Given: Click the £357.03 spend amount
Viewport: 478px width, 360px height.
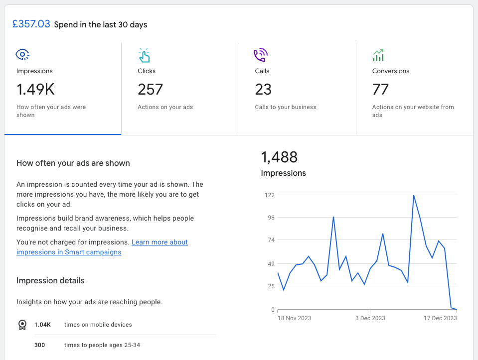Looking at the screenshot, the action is [x=31, y=24].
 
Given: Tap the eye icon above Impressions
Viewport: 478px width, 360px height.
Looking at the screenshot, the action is [x=22, y=54].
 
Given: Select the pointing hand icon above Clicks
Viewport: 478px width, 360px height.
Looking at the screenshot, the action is [x=144, y=55].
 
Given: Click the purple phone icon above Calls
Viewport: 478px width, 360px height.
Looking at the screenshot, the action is [x=261, y=55].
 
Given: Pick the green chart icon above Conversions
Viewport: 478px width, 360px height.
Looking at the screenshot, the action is [x=378, y=55].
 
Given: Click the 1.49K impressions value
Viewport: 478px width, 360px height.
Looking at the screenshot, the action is [x=35, y=90].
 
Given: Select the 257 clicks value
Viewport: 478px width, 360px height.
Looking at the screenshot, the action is [x=151, y=90].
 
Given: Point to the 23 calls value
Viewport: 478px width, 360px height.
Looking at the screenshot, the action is [x=263, y=90].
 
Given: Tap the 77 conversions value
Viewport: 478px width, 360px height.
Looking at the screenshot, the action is [x=380, y=90].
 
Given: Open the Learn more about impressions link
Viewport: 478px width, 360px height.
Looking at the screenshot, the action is [x=102, y=247].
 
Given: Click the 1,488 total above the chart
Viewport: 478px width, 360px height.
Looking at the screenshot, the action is [x=279, y=157].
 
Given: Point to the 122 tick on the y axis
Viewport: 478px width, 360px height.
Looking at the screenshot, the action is [x=270, y=195].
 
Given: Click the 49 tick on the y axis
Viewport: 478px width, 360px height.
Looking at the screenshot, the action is [x=271, y=264].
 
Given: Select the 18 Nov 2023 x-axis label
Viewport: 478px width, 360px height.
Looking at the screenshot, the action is [x=294, y=318].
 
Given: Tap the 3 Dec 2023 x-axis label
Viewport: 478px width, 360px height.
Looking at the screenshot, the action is [x=370, y=318].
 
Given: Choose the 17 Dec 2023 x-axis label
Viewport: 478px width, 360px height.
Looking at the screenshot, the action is [x=440, y=318].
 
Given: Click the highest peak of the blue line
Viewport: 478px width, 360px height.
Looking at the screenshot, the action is [x=414, y=196].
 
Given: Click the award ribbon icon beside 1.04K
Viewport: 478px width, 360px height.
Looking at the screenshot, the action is [x=22, y=325].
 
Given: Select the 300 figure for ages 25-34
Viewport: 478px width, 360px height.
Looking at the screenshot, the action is [x=40, y=345].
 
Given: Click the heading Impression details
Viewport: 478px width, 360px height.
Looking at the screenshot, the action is [x=50, y=280].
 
